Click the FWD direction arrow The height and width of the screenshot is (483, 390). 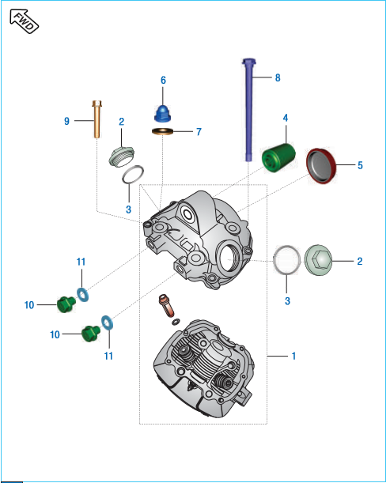[24, 21]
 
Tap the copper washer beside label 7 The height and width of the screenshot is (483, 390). [162, 131]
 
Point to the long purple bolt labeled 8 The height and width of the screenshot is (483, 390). [248, 109]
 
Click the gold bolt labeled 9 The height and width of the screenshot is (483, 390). [97, 119]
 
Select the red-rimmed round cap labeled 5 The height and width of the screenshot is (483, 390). [320, 166]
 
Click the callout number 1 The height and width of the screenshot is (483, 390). [293, 356]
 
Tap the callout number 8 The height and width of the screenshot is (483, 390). [278, 77]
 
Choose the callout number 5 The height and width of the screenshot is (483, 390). [360, 165]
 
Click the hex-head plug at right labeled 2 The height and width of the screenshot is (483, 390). [318, 260]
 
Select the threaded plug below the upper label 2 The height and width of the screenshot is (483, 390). [122, 157]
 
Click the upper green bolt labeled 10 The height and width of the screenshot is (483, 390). [66, 304]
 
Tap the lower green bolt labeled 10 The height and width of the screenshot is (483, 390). [91, 334]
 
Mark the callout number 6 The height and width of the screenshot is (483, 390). [163, 80]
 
